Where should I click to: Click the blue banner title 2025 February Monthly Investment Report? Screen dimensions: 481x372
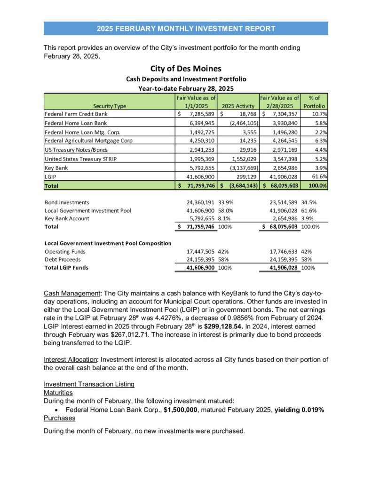[x=186, y=29]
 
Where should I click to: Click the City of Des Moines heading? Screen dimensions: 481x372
[x=186, y=69]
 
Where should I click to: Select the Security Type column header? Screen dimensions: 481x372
[x=109, y=106]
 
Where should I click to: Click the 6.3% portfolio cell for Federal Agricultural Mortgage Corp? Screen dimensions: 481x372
[x=320, y=140]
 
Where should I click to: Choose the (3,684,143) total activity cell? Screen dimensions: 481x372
[x=237, y=186]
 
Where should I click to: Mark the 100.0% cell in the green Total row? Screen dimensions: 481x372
[x=317, y=186]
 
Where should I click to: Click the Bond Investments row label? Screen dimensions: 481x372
[x=66, y=202]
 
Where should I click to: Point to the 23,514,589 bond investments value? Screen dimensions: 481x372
[x=282, y=202]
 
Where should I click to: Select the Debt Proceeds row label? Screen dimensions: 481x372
[x=63, y=259]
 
